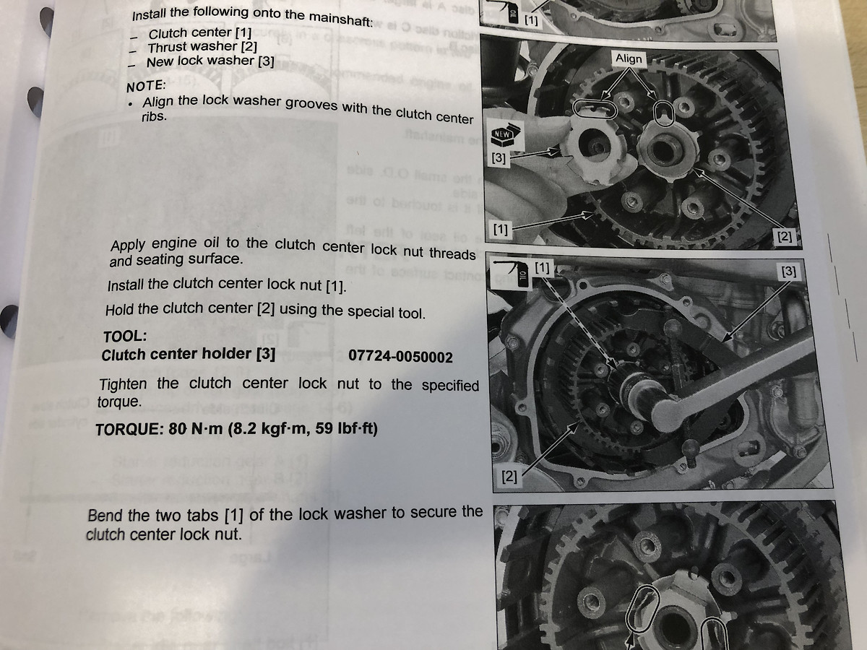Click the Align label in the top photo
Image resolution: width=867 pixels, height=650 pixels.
point(629,58)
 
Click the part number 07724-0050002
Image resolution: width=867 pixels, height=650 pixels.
point(400,357)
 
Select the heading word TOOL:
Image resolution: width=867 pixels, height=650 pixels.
point(125,336)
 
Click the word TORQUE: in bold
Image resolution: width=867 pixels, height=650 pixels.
point(129,429)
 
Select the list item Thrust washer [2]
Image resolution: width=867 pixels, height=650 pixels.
point(202,47)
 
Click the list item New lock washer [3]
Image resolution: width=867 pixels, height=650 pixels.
point(210,61)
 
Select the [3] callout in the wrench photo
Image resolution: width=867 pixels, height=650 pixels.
point(790,272)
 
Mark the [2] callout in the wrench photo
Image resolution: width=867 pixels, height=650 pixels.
point(510,477)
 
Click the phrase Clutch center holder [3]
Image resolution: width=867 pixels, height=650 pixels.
point(188,355)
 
